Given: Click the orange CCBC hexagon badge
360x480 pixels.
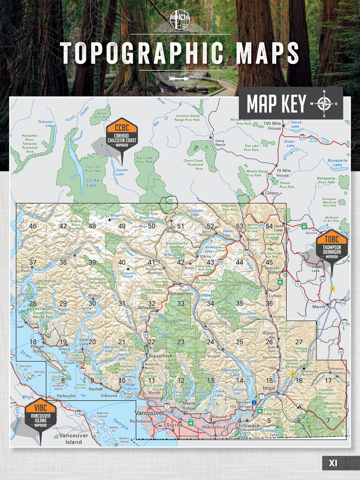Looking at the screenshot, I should pyautogui.click(x=122, y=128).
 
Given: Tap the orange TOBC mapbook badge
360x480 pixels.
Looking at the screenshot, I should pyautogui.click(x=331, y=239).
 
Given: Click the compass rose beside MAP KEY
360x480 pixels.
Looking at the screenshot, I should pyautogui.click(x=324, y=103).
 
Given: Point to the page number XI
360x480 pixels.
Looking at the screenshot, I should pyautogui.click(x=333, y=463).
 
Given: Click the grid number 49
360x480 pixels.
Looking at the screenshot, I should pyautogui.click(x=122, y=226).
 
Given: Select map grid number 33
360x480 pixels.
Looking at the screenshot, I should pyautogui.click(x=181, y=303).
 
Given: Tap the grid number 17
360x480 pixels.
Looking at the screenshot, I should pyautogui.click(x=328, y=381).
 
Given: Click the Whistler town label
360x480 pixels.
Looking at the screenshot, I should pyautogui.click(x=147, y=308).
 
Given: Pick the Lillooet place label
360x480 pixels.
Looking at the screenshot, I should pyautogui.click(x=251, y=240).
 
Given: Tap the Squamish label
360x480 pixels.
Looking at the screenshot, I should pyautogui.click(x=161, y=356).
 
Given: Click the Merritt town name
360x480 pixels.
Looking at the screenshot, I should pyautogui.click(x=319, y=307).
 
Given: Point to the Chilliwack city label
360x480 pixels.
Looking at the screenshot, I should pyautogui.click(x=247, y=426).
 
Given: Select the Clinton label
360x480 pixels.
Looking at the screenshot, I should pyautogui.click(x=272, y=193).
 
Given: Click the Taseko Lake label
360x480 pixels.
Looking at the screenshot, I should pyautogui.click(x=121, y=172).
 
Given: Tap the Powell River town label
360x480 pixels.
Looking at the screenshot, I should pyautogui.click(x=37, y=349).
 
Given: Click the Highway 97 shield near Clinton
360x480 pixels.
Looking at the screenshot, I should pyautogui.click(x=269, y=176).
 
